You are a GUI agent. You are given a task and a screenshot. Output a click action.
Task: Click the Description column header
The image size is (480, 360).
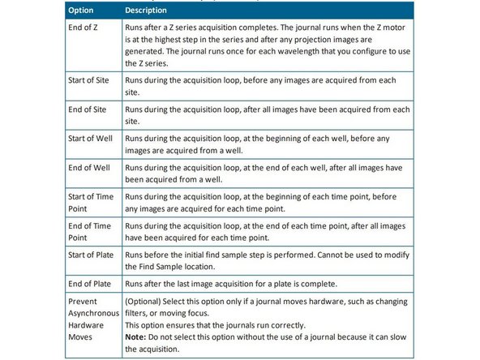coord(147,11)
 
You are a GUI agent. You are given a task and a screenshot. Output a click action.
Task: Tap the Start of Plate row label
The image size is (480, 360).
coord(90,256)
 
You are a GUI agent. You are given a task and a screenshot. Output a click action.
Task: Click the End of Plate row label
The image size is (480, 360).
coord(88,283)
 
